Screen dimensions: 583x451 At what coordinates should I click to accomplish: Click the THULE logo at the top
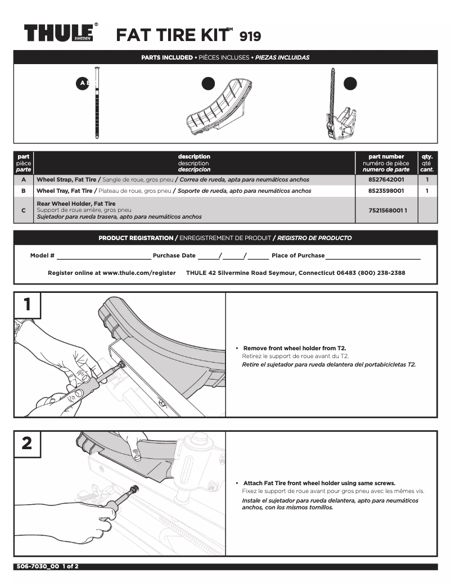point(58,33)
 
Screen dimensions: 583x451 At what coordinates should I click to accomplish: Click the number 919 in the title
point(250,37)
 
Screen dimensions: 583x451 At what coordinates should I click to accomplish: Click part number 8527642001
point(386,180)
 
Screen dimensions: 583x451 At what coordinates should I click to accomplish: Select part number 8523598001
point(386,191)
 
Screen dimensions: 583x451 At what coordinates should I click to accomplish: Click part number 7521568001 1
point(387,210)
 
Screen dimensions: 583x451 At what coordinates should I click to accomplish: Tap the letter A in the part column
point(23,180)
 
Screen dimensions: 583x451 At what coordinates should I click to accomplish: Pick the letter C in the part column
point(23,210)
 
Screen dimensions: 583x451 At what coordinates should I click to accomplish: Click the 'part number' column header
point(386,157)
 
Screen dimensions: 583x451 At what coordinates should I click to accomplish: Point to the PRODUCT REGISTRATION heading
point(136,238)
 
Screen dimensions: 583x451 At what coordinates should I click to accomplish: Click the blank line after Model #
point(103,256)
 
